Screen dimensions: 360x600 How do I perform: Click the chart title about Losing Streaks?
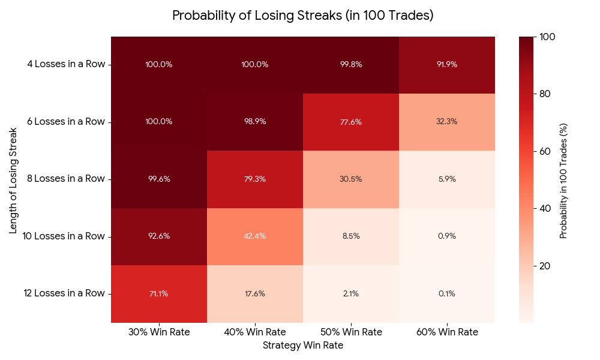coord(302,16)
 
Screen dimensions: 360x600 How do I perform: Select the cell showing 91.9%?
coord(447,65)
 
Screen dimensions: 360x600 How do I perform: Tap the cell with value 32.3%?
coord(447,122)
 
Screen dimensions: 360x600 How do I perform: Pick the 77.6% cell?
coord(351,122)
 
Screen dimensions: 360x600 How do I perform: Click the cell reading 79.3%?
coord(255,179)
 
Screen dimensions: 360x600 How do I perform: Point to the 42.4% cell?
coord(255,236)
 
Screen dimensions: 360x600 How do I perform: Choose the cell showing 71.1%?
coord(159,293)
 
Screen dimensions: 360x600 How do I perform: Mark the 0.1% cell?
coord(447,293)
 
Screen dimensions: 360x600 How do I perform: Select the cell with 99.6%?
coord(159,179)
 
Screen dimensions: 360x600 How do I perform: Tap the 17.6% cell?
coord(255,293)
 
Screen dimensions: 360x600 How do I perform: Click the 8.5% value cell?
coord(351,236)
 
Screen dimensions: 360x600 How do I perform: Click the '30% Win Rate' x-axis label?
coord(159,332)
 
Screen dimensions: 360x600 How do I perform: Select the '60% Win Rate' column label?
coord(447,332)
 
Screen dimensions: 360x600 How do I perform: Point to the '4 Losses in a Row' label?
coord(65,65)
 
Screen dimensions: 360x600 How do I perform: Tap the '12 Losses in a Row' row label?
coord(64,293)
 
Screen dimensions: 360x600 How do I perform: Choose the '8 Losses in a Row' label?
coord(65,179)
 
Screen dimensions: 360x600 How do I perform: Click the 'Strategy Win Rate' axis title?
coord(302,346)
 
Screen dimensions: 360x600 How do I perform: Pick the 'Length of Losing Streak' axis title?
coord(13,179)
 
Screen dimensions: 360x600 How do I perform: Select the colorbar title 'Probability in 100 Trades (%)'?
coord(563,179)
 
